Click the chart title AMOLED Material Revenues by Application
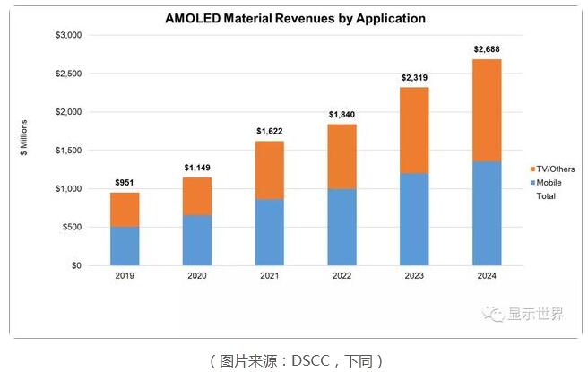[294, 18]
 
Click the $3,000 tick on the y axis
[68, 35]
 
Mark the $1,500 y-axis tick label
[68, 151]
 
